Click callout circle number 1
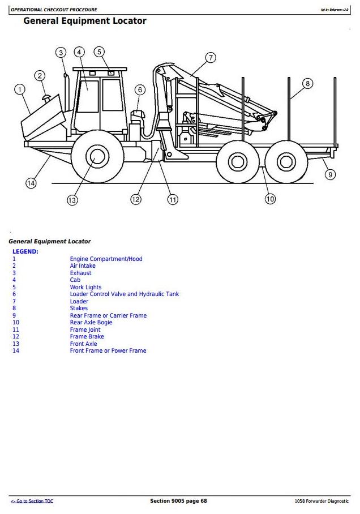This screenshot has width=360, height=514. [x=20, y=89]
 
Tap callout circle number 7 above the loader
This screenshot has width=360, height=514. [x=210, y=58]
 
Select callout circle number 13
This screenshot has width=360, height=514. [x=72, y=200]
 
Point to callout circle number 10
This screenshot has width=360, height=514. [x=270, y=199]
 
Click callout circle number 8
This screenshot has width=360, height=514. [x=307, y=84]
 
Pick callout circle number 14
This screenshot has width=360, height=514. [x=31, y=183]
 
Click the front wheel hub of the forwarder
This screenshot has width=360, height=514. [x=97, y=157]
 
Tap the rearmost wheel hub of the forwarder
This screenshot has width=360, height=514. [x=285, y=161]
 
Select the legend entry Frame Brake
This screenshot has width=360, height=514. [x=87, y=337]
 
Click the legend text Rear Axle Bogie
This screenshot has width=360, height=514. [x=91, y=323]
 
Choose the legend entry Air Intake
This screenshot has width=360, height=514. [x=83, y=266]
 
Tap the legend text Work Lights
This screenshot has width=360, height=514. [x=85, y=287]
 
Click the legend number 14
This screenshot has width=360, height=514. [x=16, y=351]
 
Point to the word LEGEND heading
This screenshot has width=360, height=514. [x=25, y=251]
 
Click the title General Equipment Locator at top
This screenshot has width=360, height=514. [x=84, y=21]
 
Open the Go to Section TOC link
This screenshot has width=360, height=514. [x=32, y=501]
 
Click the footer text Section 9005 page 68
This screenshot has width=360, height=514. [x=178, y=501]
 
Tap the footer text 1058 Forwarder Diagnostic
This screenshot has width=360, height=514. [x=322, y=501]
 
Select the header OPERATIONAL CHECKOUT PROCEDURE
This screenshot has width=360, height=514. [x=54, y=10]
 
